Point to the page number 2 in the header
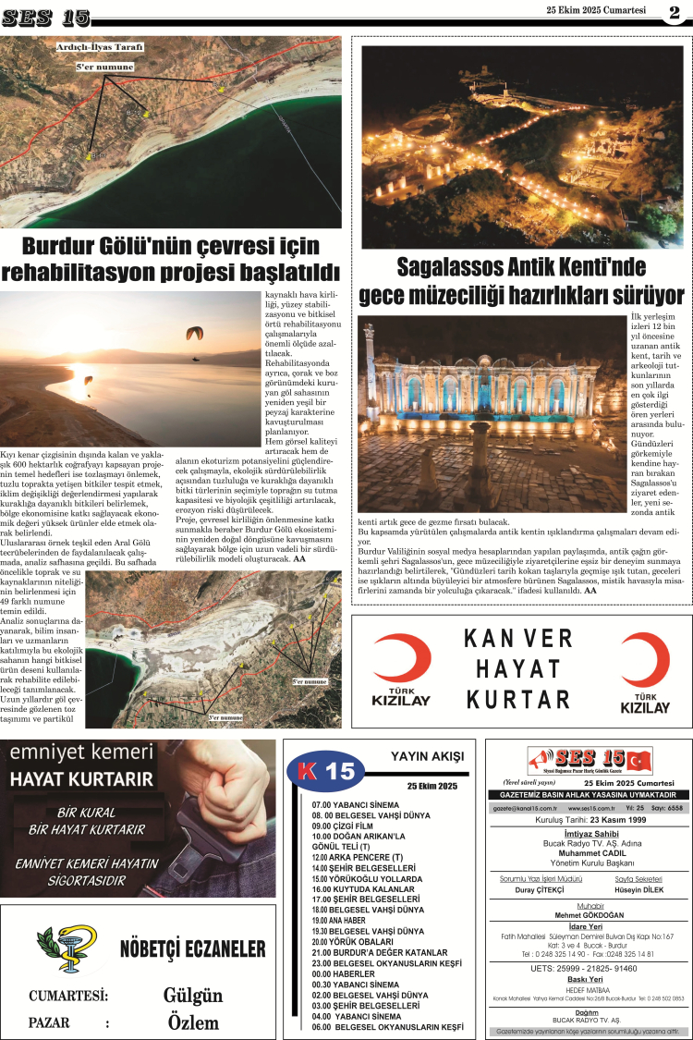(675, 13)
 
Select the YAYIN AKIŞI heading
(427, 756)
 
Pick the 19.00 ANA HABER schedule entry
(342, 920)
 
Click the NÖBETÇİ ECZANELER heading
(192, 949)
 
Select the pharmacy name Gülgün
(193, 996)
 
